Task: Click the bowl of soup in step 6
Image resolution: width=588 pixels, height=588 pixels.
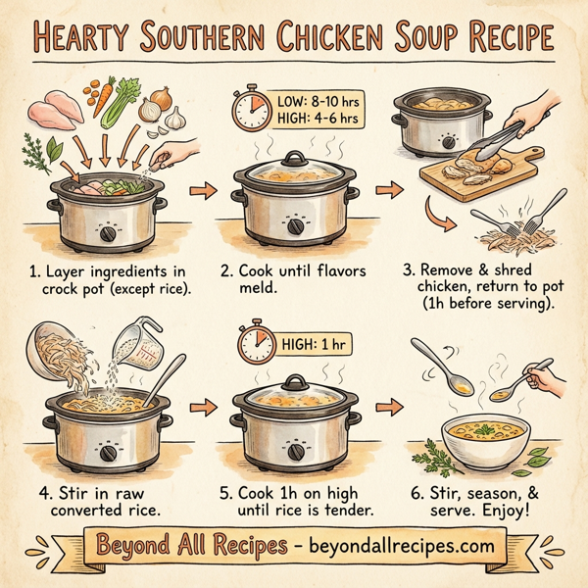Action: click(481, 437)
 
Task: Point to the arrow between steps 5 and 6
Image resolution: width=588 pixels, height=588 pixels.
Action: click(392, 405)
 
